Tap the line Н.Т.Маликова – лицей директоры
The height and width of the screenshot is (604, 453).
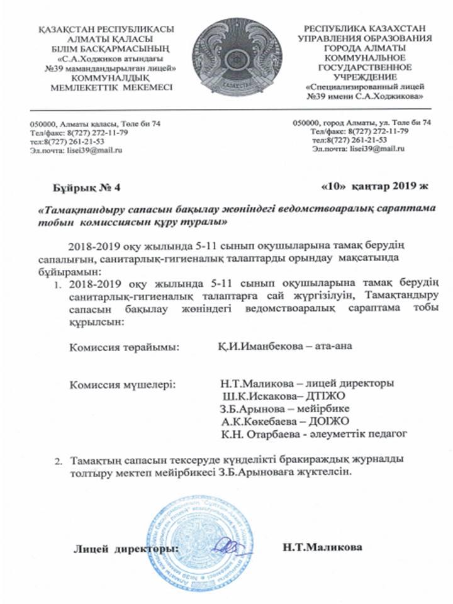[x=306, y=383]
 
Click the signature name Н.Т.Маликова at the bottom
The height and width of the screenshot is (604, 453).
[x=323, y=547]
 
